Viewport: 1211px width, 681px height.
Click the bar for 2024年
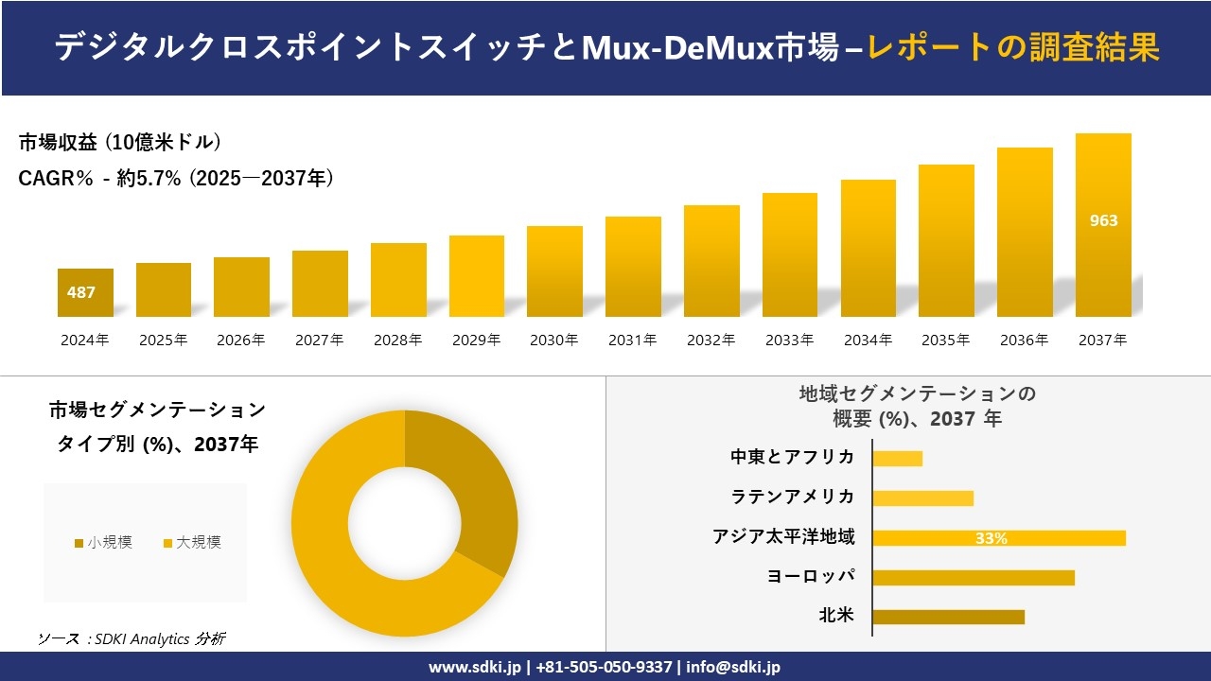pyautogui.click(x=85, y=292)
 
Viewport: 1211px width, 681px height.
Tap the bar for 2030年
pyautogui.click(x=554, y=271)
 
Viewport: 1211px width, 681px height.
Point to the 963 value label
pyautogui.click(x=1103, y=220)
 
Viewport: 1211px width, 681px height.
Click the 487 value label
pyautogui.click(x=81, y=292)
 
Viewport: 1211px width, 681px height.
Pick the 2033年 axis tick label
pyautogui.click(x=789, y=340)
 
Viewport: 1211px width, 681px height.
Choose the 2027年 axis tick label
pyautogui.click(x=319, y=340)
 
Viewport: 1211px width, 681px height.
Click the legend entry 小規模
pyautogui.click(x=103, y=543)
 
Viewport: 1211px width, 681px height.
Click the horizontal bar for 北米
pyautogui.click(x=948, y=617)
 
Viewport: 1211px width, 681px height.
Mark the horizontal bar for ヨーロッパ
pyautogui.click(x=974, y=577)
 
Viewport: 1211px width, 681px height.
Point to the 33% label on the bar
pyautogui.click(x=991, y=538)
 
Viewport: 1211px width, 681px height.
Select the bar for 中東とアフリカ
pyautogui.click(x=897, y=458)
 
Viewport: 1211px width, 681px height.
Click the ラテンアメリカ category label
pyautogui.click(x=792, y=497)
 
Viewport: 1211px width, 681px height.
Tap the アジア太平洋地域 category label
pyautogui.click(x=783, y=537)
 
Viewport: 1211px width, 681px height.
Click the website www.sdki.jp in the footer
pyautogui.click(x=475, y=667)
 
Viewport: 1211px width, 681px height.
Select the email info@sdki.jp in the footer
pyautogui.click(x=733, y=667)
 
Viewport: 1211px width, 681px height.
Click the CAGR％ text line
pyautogui.click(x=176, y=179)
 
